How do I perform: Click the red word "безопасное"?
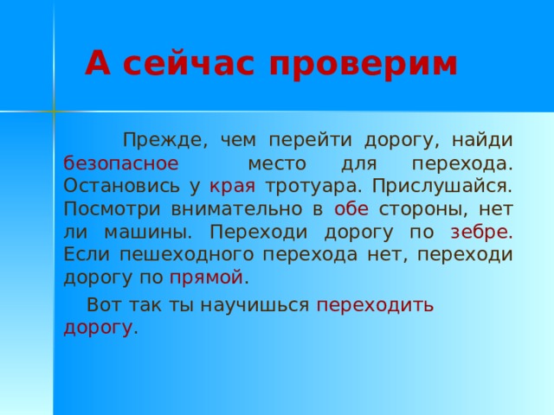121,163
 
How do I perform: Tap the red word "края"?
232,185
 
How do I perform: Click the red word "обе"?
351,208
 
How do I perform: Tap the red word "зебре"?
481,232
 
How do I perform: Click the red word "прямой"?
207,278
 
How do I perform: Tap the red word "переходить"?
376,305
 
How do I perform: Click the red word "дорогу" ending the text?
98,328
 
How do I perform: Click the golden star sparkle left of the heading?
54,112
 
